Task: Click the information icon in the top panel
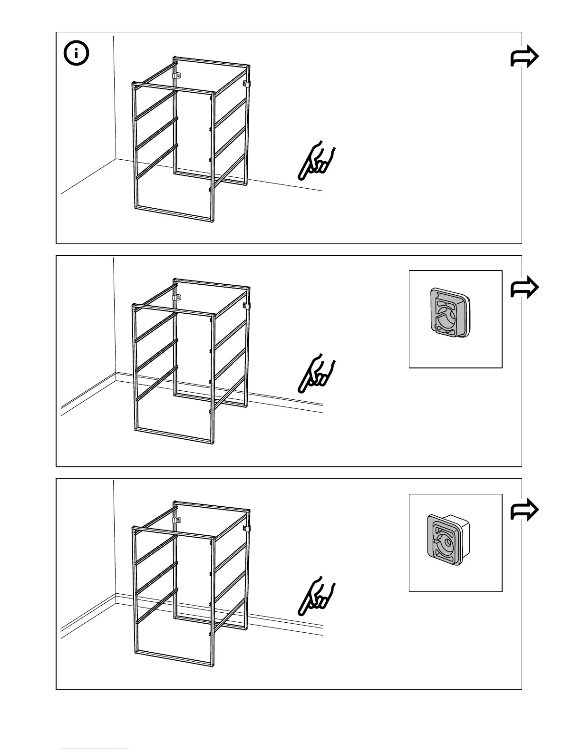click(76, 54)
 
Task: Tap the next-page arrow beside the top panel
click(524, 58)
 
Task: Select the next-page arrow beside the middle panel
click(524, 288)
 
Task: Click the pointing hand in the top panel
click(317, 160)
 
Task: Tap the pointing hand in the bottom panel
click(317, 597)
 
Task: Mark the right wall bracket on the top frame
click(247, 84)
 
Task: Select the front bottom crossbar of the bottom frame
click(173, 658)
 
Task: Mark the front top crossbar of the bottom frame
click(173, 532)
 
